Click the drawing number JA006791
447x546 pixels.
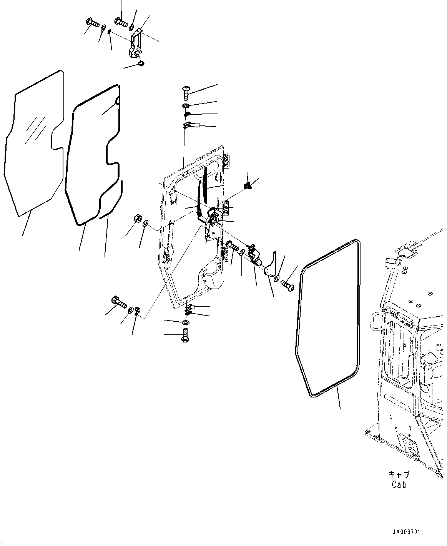[x=406, y=532]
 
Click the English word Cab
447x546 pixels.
[x=399, y=484]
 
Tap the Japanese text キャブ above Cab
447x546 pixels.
[x=399, y=474]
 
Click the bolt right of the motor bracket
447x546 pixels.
[x=287, y=285]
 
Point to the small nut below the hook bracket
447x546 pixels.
[x=141, y=63]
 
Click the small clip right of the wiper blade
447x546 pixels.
[x=248, y=186]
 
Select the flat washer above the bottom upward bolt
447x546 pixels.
[x=186, y=322]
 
